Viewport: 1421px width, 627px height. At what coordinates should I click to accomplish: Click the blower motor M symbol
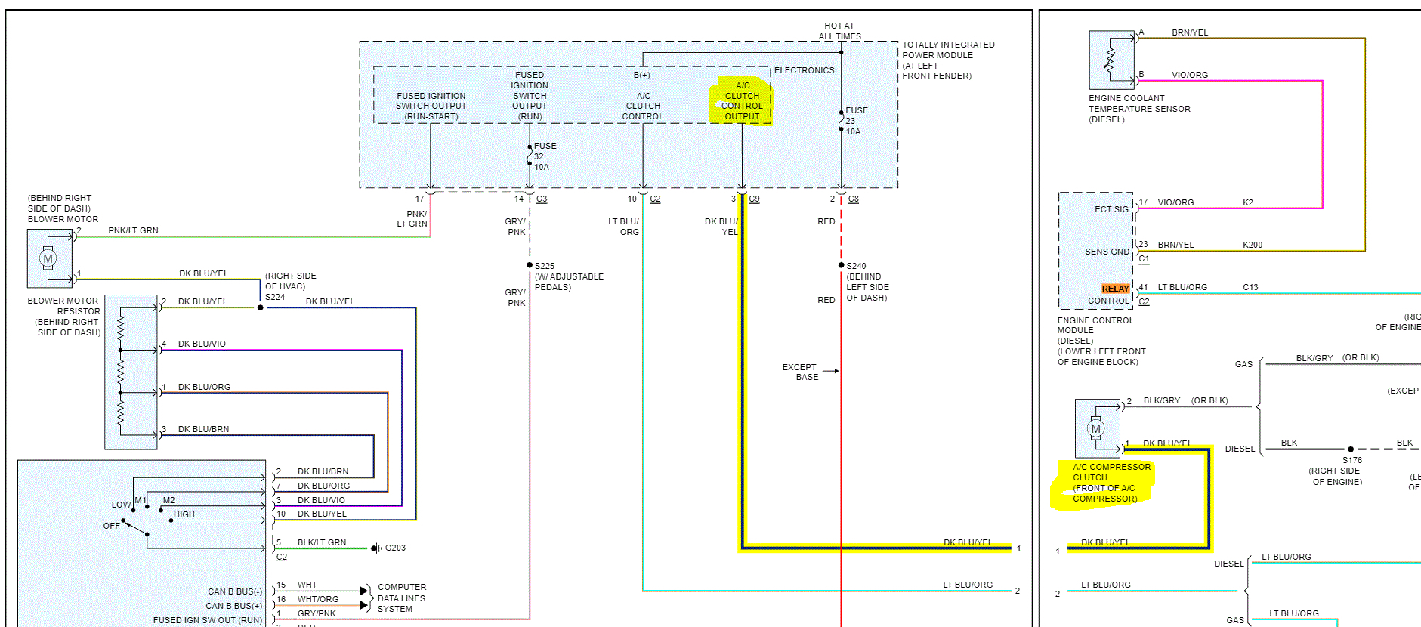click(48, 258)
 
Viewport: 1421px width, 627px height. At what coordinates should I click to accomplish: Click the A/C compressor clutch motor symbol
click(1095, 428)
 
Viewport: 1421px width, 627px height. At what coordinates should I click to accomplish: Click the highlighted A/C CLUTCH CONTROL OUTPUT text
click(742, 101)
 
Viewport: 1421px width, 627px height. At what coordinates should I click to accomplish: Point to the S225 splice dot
click(530, 265)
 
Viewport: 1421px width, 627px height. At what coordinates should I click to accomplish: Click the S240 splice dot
click(841, 265)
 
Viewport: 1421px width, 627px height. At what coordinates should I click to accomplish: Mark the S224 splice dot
click(261, 307)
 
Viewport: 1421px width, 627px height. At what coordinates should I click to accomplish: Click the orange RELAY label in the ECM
click(1115, 289)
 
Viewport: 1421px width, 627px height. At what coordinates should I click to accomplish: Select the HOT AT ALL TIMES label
click(839, 31)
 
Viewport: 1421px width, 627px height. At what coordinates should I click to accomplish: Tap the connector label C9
click(754, 199)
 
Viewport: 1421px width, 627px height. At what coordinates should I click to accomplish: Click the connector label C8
click(853, 199)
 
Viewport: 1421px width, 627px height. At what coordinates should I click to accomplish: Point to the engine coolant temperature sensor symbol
click(1111, 59)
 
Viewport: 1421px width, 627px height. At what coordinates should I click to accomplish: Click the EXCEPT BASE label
click(800, 372)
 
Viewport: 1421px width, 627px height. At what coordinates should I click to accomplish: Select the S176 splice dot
click(1351, 449)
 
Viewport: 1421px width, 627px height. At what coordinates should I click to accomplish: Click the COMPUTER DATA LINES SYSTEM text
click(401, 598)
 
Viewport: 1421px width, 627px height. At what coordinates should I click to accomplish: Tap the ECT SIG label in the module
click(1111, 209)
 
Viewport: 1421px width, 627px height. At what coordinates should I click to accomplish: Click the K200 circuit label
click(1252, 245)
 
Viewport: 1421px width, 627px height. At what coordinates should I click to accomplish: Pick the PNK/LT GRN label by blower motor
click(133, 230)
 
